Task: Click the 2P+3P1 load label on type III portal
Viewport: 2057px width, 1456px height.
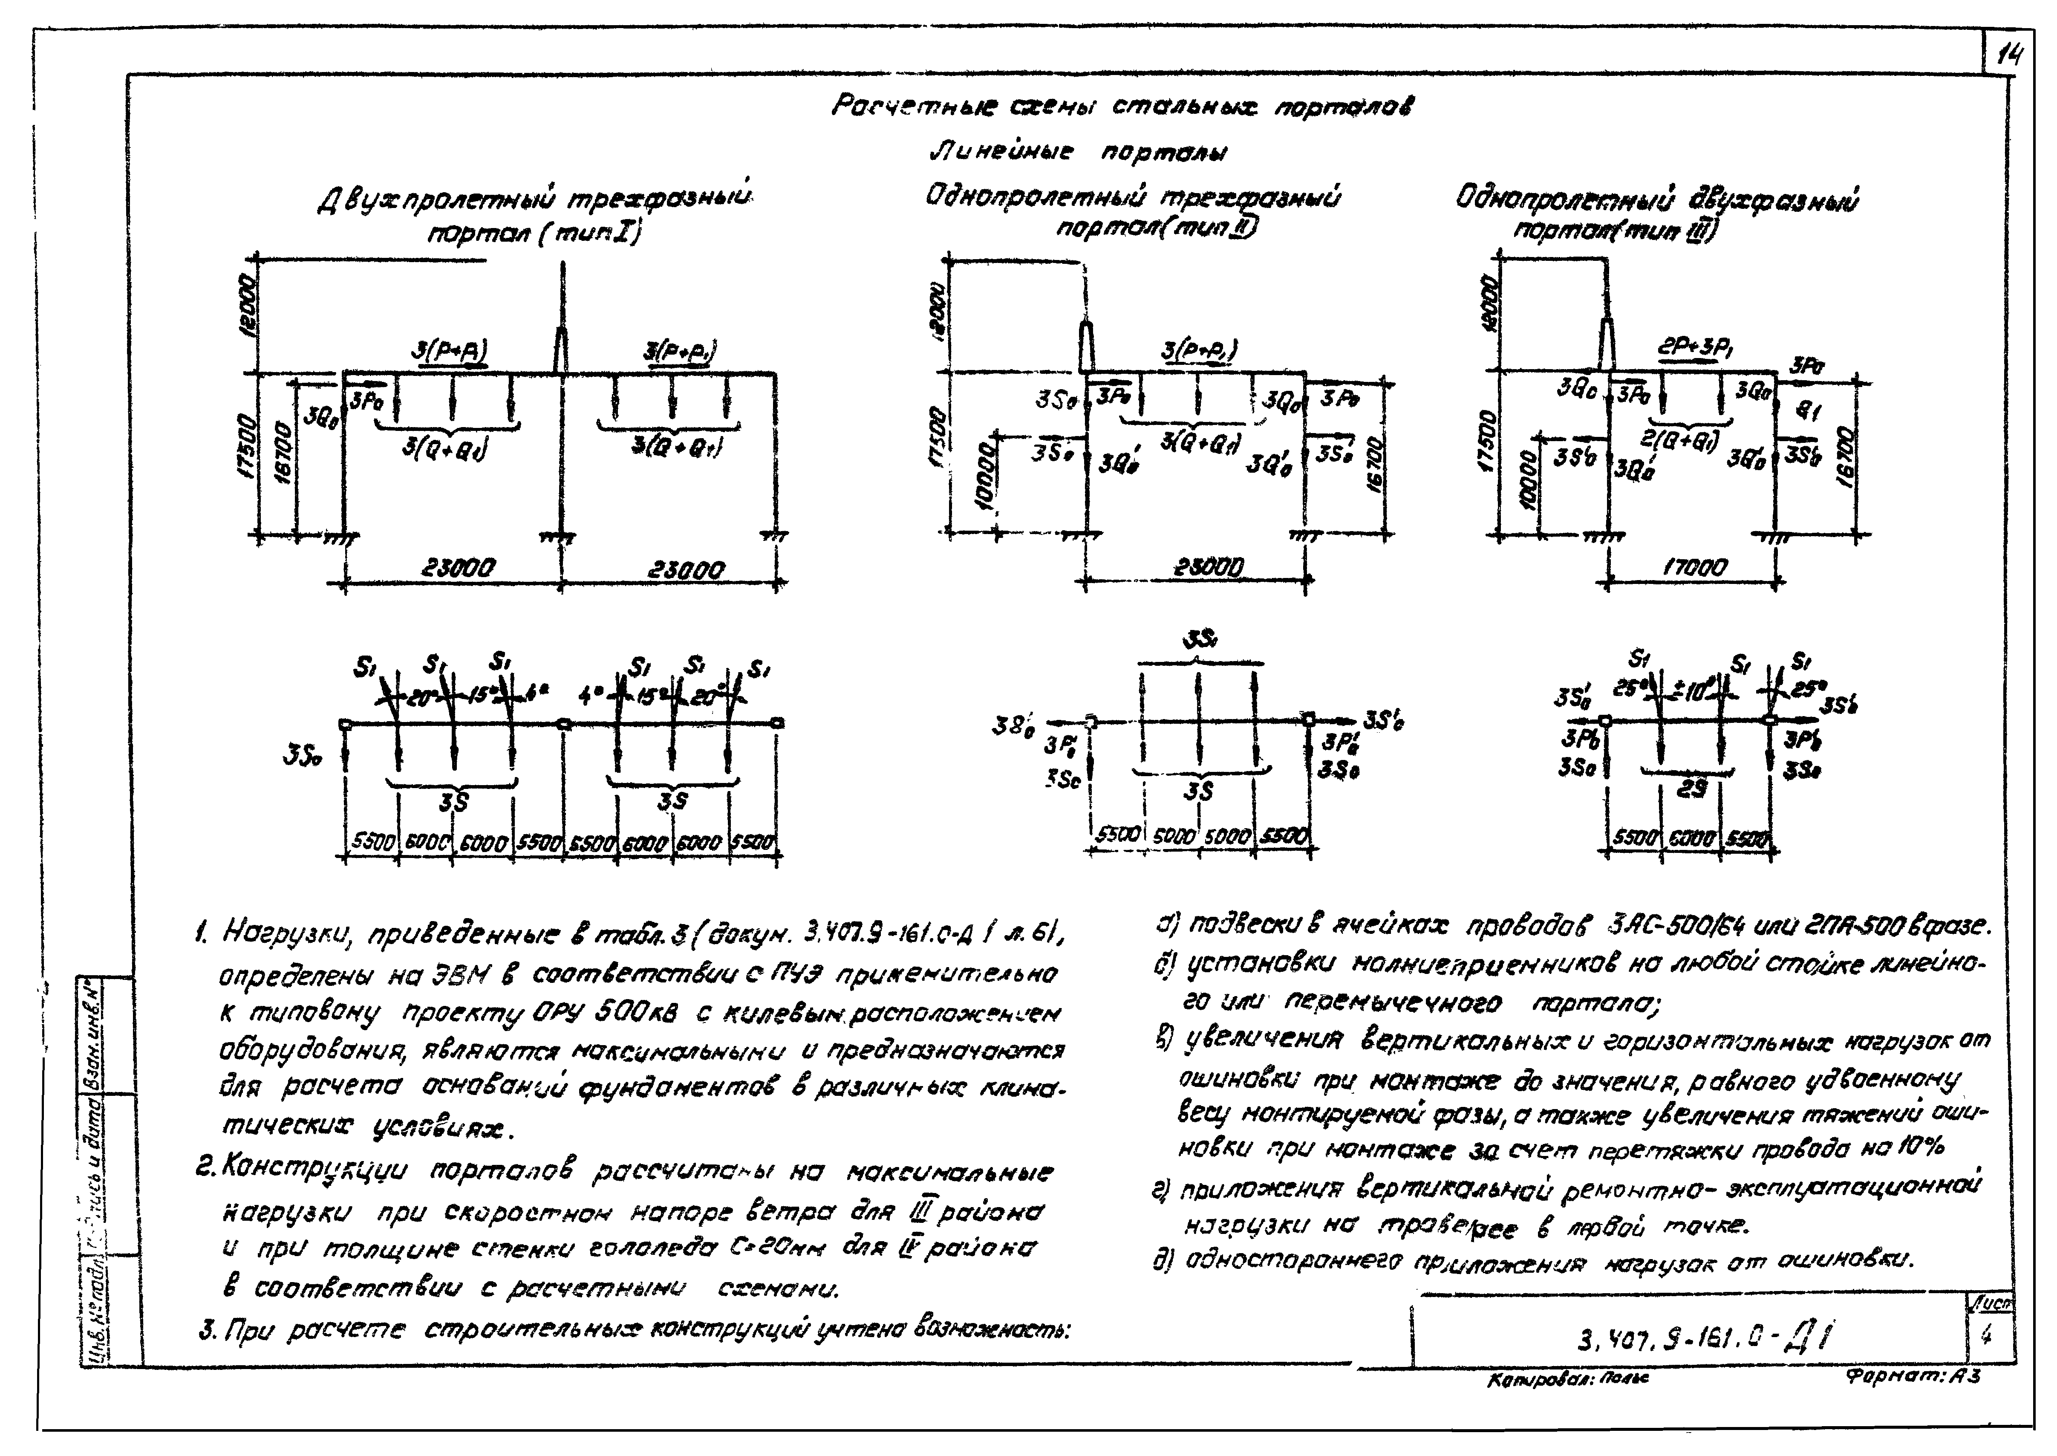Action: [x=1693, y=348]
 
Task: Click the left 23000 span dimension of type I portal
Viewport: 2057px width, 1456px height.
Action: [x=457, y=569]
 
